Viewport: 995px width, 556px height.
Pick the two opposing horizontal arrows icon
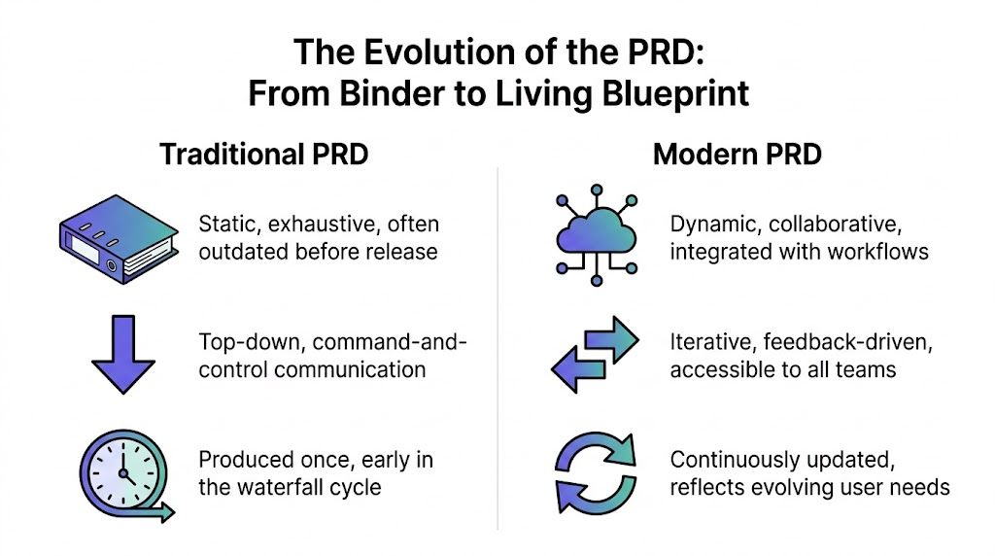595,356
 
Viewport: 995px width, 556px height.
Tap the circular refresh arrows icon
595,473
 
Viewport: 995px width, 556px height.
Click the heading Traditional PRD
264,155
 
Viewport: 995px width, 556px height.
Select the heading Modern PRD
738,155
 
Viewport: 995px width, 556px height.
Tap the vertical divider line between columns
497,350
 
